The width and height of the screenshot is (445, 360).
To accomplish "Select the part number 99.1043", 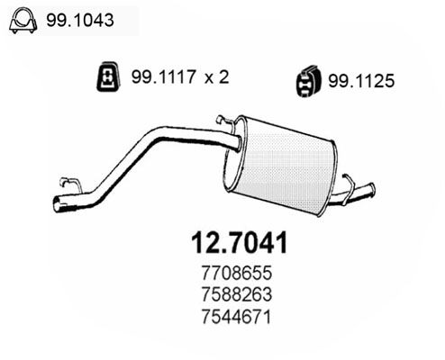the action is click(80, 21).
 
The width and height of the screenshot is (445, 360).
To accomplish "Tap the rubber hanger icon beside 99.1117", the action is click(108, 76).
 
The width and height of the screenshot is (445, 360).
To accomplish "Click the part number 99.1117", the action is click(164, 76).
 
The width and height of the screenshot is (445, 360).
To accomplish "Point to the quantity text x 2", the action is click(217, 76).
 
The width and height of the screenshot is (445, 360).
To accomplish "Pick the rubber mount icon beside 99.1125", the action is click(308, 81).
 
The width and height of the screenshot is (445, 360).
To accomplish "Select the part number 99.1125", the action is click(361, 81).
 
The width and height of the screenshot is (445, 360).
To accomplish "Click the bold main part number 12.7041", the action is click(240, 243).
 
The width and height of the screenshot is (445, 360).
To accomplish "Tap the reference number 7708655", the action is click(237, 273).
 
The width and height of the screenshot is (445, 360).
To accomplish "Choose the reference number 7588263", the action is click(237, 294).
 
